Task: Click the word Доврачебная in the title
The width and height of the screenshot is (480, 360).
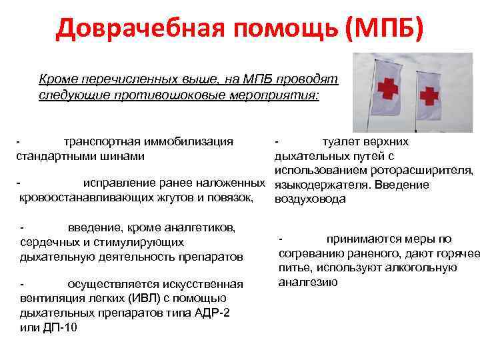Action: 134,29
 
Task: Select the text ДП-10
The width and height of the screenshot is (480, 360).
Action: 59,327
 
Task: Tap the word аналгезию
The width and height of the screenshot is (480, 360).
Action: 307,281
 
